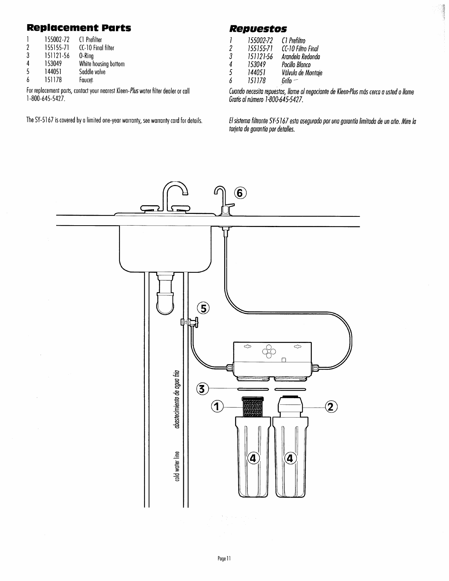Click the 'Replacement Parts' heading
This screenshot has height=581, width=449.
tap(79, 28)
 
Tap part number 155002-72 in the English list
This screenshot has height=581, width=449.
tap(57, 39)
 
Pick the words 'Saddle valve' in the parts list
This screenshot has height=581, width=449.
tap(92, 72)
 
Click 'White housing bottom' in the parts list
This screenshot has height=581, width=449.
tap(102, 64)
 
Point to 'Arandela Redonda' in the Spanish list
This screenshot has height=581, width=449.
tap(301, 57)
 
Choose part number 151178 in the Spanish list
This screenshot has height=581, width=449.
tap(257, 81)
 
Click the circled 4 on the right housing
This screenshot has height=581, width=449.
tap(291, 458)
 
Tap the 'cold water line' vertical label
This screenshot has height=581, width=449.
tap(178, 465)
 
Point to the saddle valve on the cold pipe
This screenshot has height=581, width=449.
tap(189, 322)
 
